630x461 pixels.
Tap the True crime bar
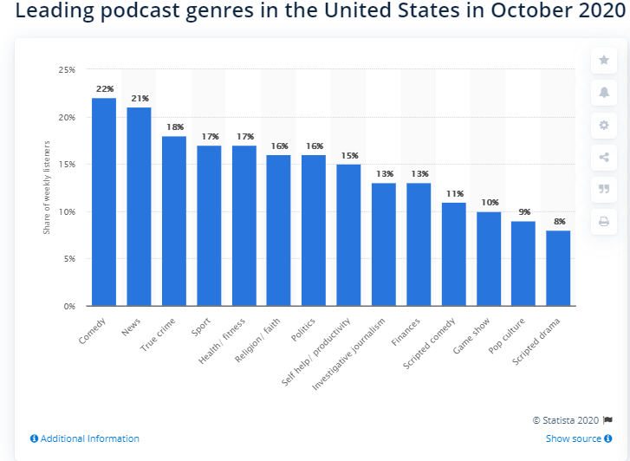click(x=174, y=221)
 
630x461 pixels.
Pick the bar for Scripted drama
click(x=558, y=268)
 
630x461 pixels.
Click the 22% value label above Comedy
click(x=104, y=89)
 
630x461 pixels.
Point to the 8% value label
click(x=558, y=222)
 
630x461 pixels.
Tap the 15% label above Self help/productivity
click(x=348, y=156)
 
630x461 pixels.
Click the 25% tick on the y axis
click(x=67, y=70)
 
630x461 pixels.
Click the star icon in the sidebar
click(x=604, y=60)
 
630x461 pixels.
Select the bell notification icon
click(x=604, y=92)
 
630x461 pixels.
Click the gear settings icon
click(x=604, y=125)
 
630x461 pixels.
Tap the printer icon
click(x=604, y=222)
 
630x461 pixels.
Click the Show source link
click(x=574, y=438)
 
